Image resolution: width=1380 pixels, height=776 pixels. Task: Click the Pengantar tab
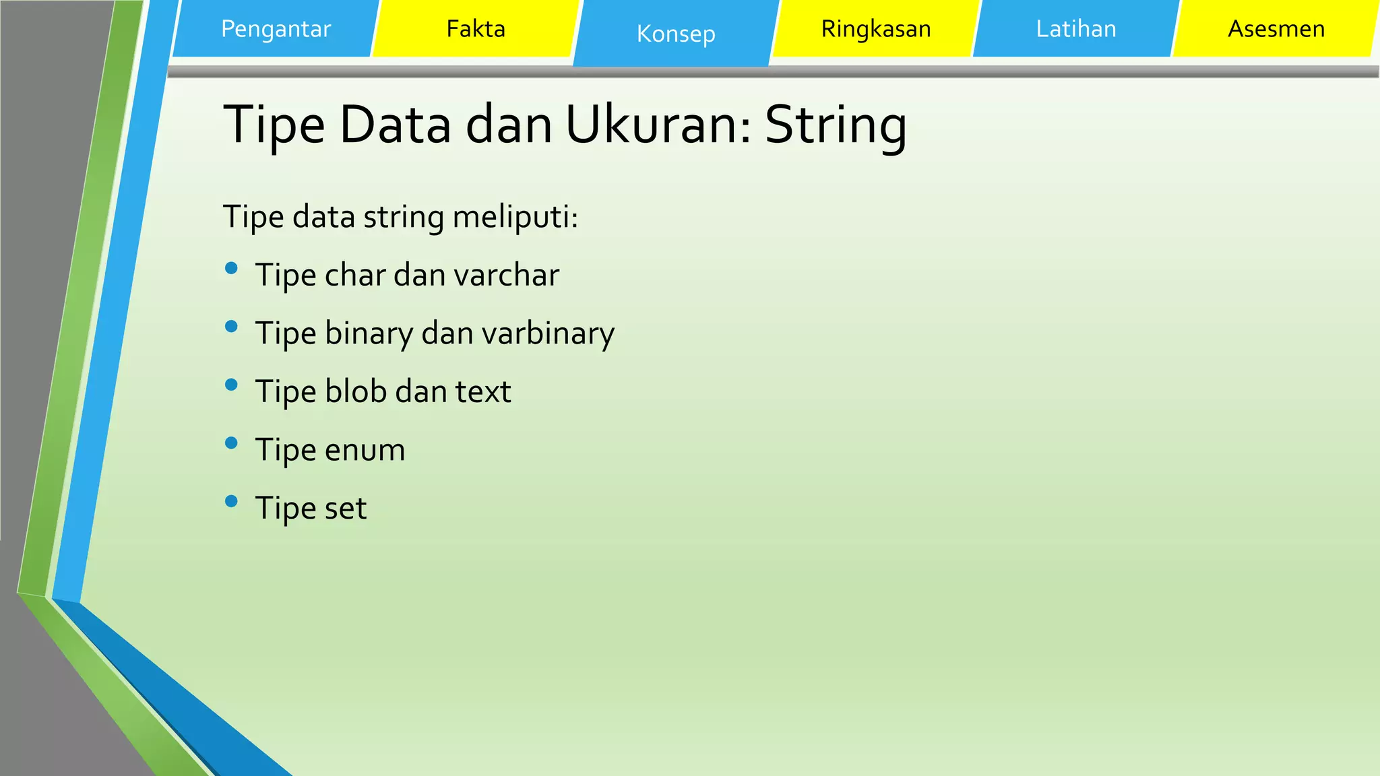point(276,29)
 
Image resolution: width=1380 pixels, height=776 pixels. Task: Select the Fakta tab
point(476,29)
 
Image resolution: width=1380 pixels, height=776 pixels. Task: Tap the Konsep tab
point(676,34)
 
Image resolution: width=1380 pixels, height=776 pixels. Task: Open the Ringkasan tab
point(876,29)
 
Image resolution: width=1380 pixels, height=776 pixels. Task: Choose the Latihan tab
point(1076,29)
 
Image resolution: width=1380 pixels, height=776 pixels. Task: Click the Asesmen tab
point(1276,29)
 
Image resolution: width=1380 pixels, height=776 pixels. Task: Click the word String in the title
point(836,126)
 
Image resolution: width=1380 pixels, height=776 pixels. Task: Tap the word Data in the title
point(395,126)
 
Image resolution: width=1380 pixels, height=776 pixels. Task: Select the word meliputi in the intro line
point(515,218)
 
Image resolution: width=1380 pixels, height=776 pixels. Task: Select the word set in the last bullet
point(345,508)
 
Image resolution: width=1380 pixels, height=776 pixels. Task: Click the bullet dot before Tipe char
point(231,268)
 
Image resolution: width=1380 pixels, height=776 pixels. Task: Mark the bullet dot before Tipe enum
point(231,443)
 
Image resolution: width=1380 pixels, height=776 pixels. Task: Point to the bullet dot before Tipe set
point(231,501)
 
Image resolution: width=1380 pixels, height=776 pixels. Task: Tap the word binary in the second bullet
point(369,333)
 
